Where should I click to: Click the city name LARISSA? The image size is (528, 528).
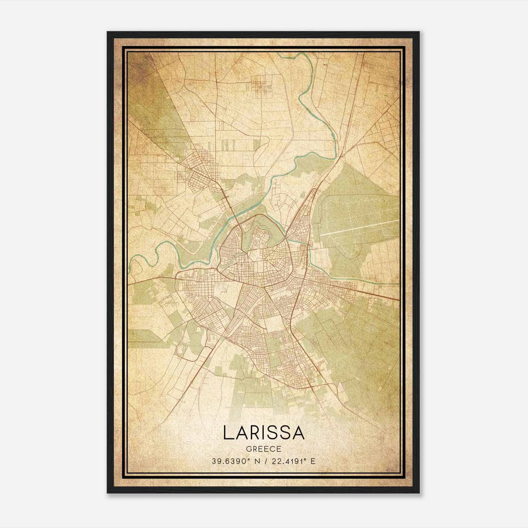pos(264,433)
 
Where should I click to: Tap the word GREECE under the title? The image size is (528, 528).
pos(264,449)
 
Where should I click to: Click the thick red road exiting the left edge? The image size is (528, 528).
pos(130,283)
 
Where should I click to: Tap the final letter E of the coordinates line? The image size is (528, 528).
pos(313,461)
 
